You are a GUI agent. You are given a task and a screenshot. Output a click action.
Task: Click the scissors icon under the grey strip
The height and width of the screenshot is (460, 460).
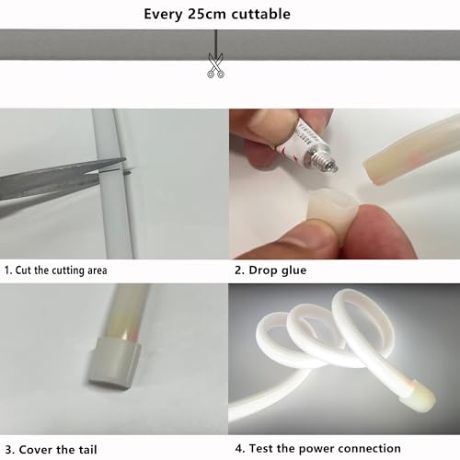tap(215, 65)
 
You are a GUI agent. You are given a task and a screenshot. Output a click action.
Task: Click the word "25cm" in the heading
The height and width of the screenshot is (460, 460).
tap(205, 14)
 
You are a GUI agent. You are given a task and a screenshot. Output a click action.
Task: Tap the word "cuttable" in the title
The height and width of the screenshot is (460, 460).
tap(260, 14)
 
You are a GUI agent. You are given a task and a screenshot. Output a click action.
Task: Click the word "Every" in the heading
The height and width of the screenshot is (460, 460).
tap(163, 15)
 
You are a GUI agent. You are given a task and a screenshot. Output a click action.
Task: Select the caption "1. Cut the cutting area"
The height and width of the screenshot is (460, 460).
tap(55, 270)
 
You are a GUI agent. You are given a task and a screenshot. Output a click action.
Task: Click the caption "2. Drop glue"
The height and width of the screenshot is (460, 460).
tap(270, 270)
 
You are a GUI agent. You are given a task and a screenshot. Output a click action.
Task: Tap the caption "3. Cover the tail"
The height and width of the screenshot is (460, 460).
tap(51, 450)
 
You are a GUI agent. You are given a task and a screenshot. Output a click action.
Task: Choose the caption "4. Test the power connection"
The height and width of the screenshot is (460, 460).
tap(318, 448)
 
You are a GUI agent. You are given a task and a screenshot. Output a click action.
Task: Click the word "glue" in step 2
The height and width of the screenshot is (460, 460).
tap(294, 270)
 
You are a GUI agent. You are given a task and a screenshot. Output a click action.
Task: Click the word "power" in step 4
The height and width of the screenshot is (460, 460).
tap(317, 449)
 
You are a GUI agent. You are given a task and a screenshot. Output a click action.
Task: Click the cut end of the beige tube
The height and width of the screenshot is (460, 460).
tap(372, 172)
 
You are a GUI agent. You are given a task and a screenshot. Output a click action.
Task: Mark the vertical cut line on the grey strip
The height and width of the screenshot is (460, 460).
tap(216, 44)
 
